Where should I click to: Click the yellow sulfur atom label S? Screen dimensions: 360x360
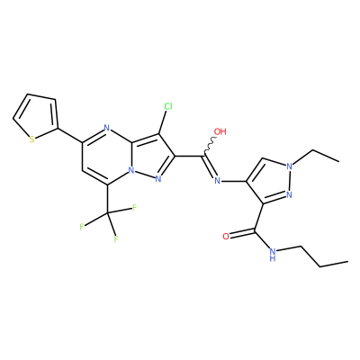click(31, 139)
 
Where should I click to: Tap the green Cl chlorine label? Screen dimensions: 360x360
click(168, 106)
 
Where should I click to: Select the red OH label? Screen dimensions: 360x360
click(220, 131)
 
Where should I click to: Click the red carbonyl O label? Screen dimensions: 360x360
click(226, 237)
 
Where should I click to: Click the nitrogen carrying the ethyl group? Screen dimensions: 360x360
click(289, 166)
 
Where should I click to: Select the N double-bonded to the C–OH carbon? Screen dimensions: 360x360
click(218, 181)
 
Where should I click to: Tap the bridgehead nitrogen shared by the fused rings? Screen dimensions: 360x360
click(131, 170)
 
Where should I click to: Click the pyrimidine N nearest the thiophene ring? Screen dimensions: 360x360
click(106, 128)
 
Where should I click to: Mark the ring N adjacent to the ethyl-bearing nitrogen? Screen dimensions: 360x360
click(289, 195)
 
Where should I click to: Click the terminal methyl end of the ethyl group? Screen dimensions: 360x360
click(339, 162)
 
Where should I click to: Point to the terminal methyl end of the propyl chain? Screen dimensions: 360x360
click(347, 261)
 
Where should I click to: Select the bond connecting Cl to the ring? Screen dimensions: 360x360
click(163, 122)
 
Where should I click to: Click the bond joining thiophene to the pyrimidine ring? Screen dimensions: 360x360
click(70, 135)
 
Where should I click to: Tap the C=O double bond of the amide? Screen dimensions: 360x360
click(242, 233)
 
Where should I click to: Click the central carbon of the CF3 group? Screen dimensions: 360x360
click(107, 213)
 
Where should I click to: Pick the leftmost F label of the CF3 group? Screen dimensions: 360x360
click(82, 227)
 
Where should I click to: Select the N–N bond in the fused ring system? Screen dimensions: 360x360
click(145, 175)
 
